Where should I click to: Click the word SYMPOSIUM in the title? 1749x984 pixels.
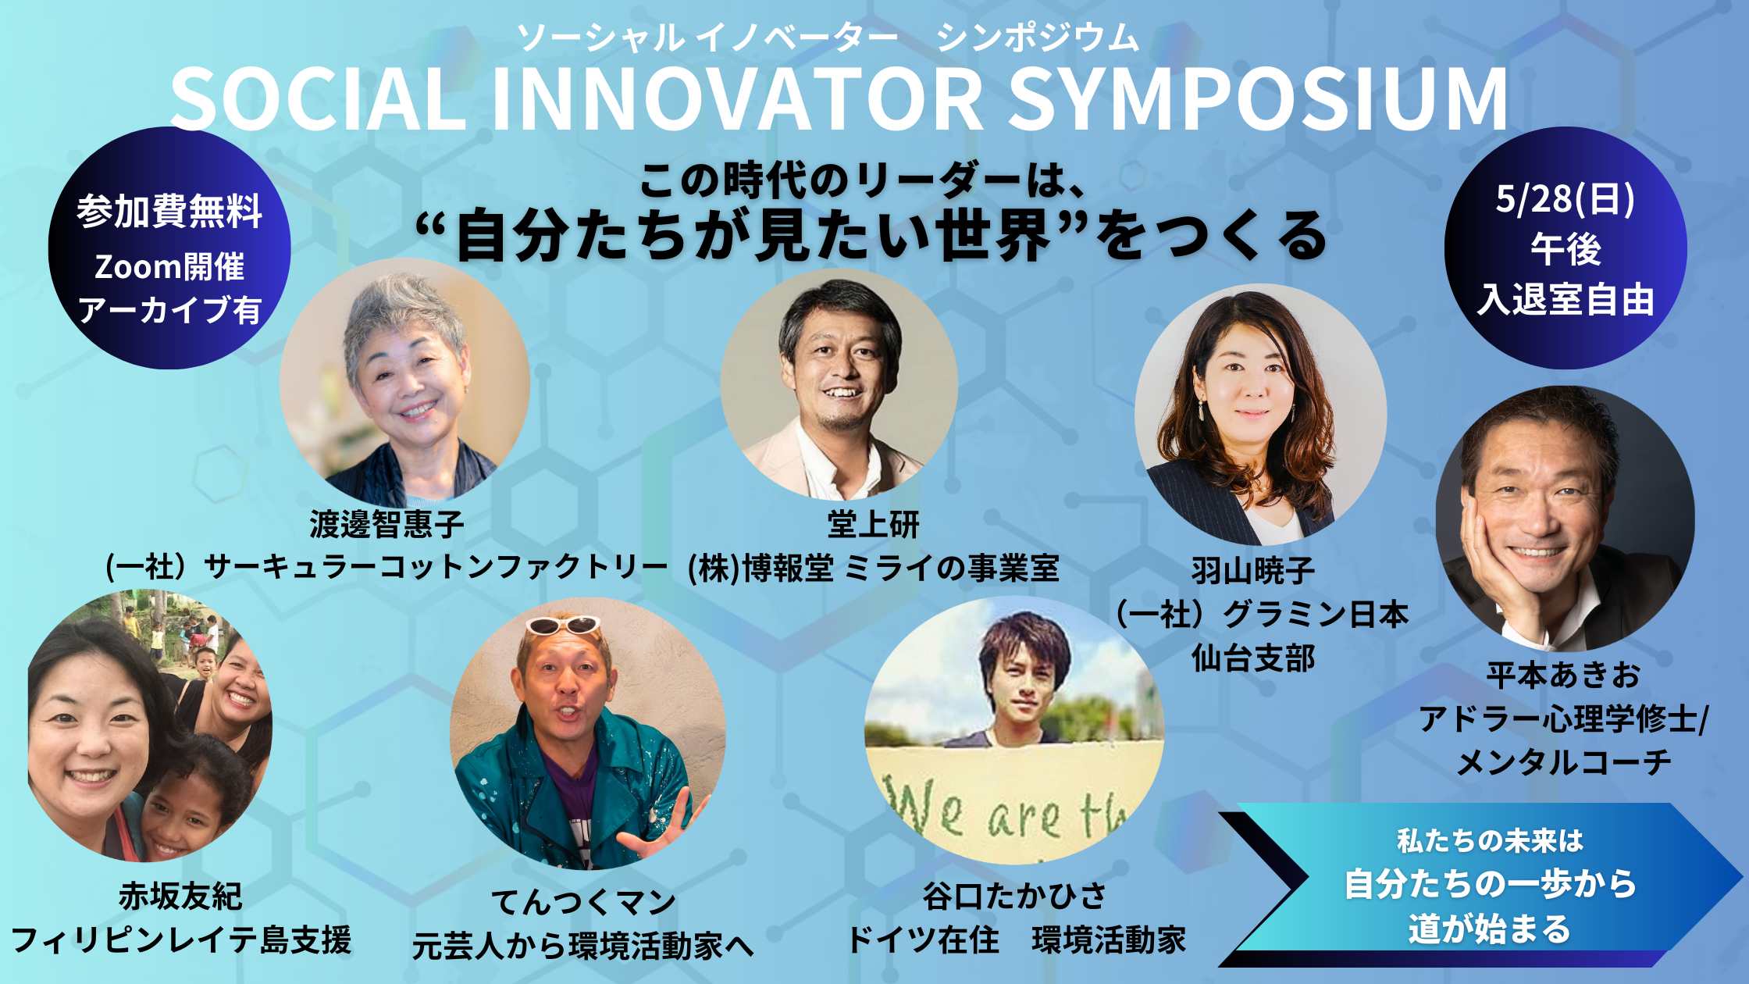pos(1259,99)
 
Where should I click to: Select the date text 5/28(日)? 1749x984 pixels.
pos(1565,199)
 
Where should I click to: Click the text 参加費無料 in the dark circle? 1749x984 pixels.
pos(169,211)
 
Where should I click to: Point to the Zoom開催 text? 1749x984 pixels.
pos(169,267)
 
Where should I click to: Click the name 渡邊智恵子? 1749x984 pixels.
pos(387,524)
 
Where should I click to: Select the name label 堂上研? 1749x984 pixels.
pos(873,525)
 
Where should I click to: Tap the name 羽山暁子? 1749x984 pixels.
pos(1253,571)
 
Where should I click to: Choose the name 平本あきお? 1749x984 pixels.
pos(1564,676)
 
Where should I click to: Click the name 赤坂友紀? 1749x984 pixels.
pos(180,896)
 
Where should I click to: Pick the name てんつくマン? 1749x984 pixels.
pos(583,903)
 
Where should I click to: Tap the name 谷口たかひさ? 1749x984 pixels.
pos(1015,896)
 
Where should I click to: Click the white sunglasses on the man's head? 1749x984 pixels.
pos(563,625)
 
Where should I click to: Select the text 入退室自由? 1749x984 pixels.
pos(1566,300)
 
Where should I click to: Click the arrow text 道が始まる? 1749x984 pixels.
pos(1490,929)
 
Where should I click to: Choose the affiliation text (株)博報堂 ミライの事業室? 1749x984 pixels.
pos(873,569)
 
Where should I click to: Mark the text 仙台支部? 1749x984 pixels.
pos(1253,659)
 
